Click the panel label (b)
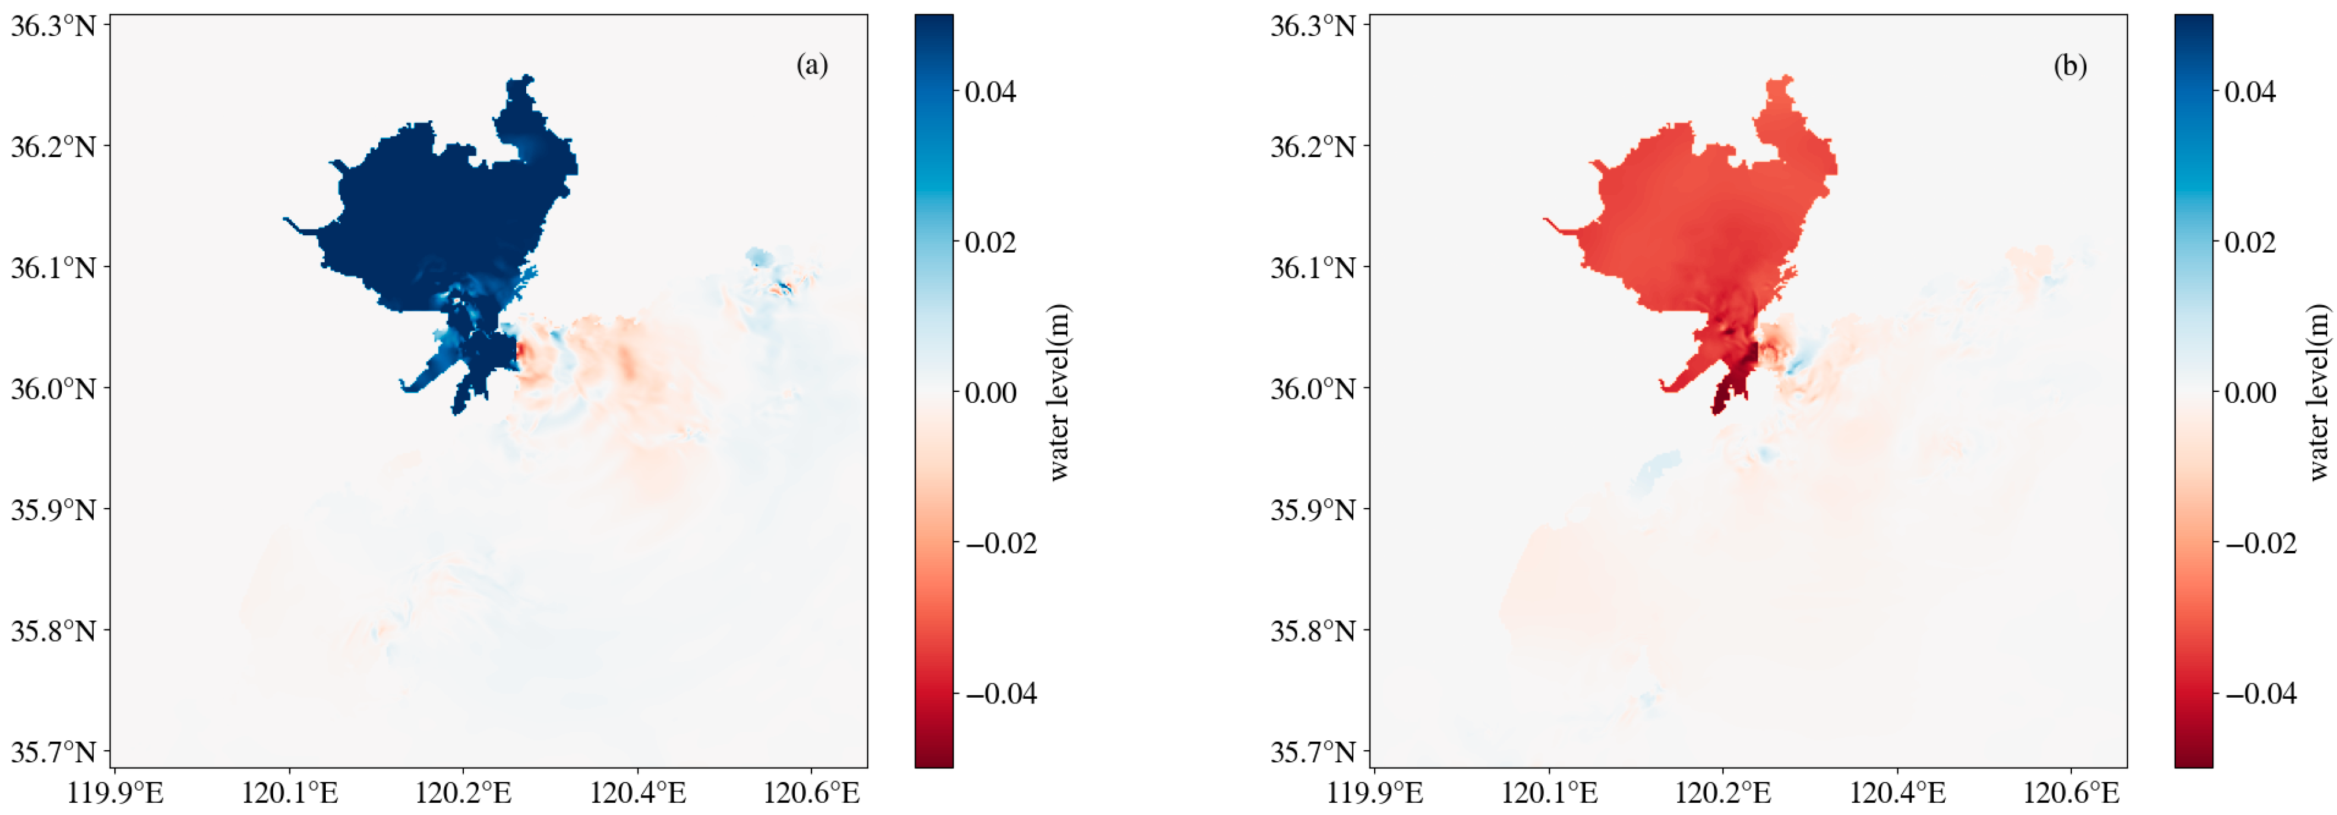[2070, 65]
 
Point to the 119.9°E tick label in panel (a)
[115, 792]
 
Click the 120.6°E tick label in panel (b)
[2071, 792]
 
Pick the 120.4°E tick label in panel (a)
[638, 792]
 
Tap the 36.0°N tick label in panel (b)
[1313, 388]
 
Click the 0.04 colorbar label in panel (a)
[990, 92]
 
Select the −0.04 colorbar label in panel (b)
[2260, 694]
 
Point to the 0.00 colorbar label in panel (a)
[990, 393]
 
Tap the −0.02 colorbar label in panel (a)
[1000, 544]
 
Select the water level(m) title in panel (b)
[2318, 392]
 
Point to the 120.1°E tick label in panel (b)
[1549, 792]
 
